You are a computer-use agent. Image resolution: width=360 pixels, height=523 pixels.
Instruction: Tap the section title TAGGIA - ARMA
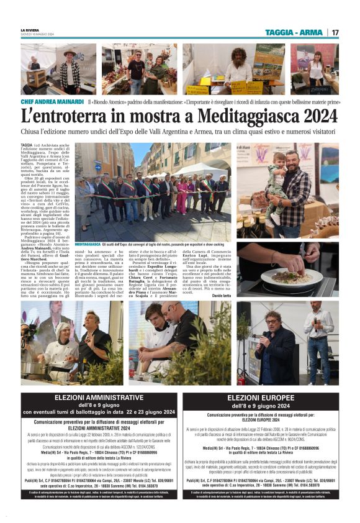pyautogui.click(x=294, y=32)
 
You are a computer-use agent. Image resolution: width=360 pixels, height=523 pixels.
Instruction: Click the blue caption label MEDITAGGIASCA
pyautogui.click(x=94, y=245)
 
